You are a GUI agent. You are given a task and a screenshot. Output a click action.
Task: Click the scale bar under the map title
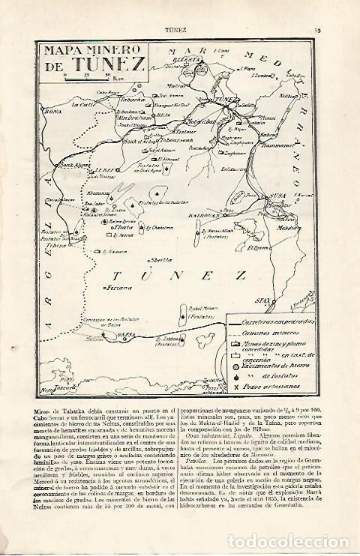pyautogui.click(x=88, y=78)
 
